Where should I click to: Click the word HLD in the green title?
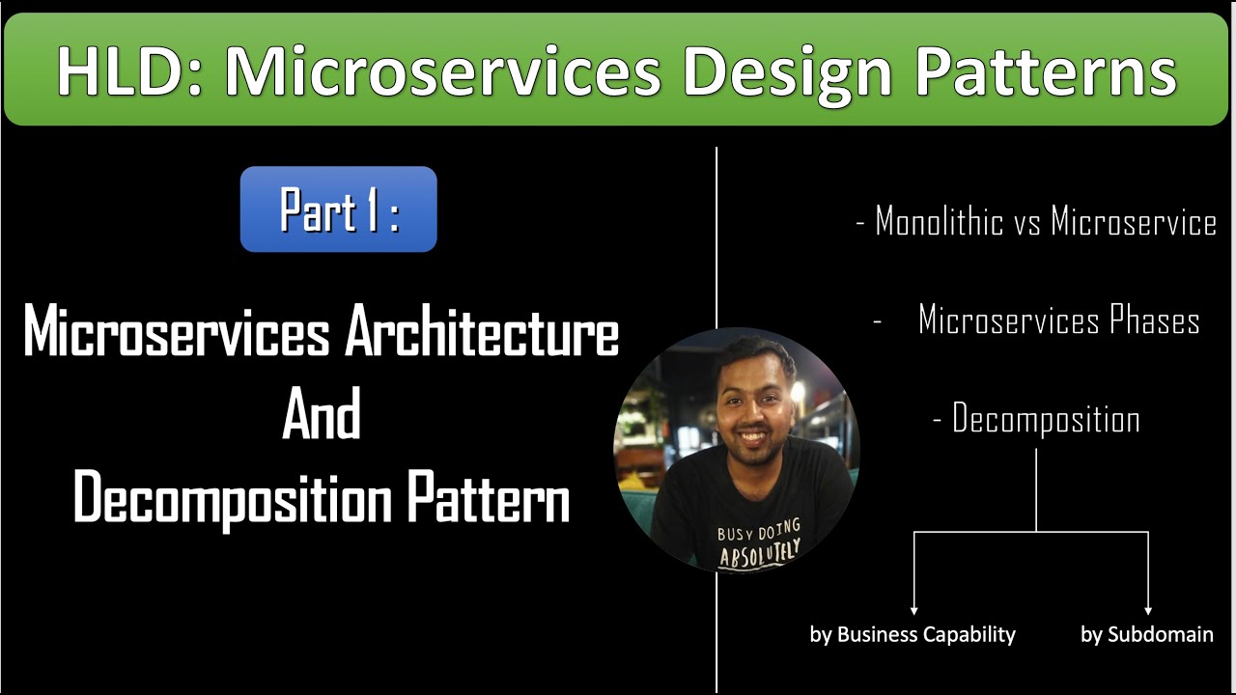click(129, 71)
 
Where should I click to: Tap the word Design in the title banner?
click(787, 75)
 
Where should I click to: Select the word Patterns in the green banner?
click(1047, 71)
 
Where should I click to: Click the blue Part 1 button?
click(338, 209)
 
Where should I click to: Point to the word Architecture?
click(482, 330)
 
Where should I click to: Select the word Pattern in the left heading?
click(489, 496)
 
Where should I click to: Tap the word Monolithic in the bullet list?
click(940, 221)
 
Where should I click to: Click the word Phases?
click(1154, 320)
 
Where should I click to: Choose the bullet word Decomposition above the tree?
click(1046, 419)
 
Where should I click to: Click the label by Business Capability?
click(913, 635)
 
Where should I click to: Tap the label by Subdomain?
click(1147, 635)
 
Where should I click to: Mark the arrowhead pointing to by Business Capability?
click(913, 611)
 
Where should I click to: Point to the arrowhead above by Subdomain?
click(1148, 611)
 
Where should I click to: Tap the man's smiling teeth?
click(752, 437)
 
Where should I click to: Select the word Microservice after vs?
click(1134, 221)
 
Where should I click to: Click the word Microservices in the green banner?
click(443, 71)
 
